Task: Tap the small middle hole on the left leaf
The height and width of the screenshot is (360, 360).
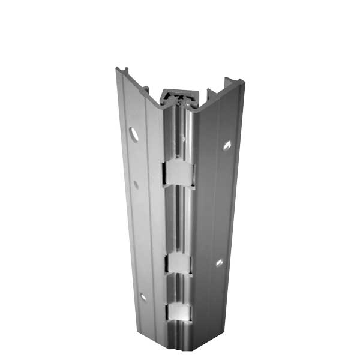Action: point(136,185)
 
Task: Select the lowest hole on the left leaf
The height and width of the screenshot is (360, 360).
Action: point(143,296)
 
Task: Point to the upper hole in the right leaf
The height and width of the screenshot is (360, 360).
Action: point(227,145)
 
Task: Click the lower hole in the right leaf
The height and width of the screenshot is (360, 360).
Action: point(220,262)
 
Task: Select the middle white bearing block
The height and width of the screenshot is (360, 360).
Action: point(179,262)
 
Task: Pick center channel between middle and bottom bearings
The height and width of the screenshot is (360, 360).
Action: point(179,288)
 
